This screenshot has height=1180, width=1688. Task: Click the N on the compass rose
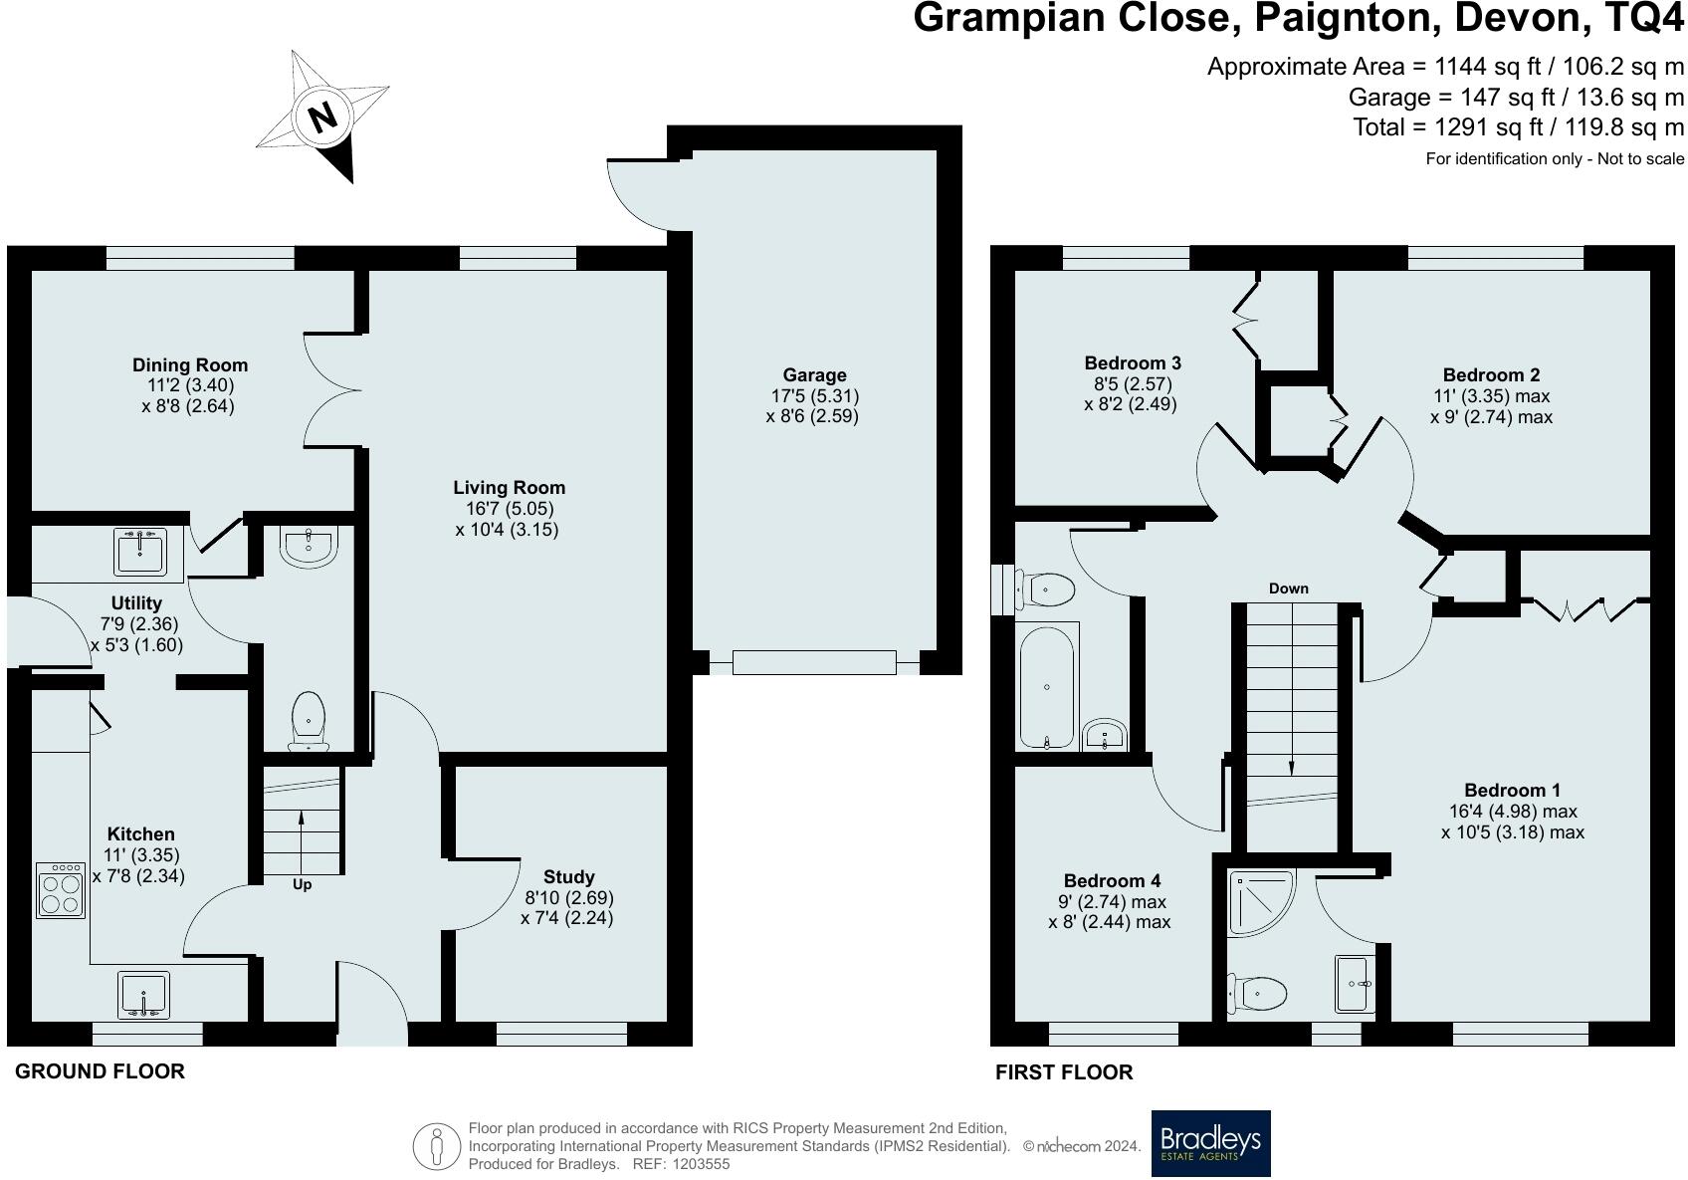[322, 118]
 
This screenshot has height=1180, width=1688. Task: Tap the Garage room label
[814, 374]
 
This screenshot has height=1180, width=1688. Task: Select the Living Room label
[509, 488]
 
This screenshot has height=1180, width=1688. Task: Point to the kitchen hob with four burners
[61, 890]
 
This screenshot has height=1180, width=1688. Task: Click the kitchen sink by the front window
[143, 995]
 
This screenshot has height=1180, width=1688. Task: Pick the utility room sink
[139, 552]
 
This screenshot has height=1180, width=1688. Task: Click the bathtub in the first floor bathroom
[1047, 687]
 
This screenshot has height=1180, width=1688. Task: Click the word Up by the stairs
[303, 884]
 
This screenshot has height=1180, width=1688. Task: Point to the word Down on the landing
[1289, 589]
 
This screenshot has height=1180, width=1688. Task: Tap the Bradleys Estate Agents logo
[1211, 1143]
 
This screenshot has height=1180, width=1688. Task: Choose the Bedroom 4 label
[1113, 880]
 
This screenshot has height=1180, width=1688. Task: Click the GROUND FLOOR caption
[100, 1071]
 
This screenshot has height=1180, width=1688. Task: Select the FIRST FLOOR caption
[1064, 1072]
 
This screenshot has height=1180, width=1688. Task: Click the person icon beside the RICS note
[436, 1147]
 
